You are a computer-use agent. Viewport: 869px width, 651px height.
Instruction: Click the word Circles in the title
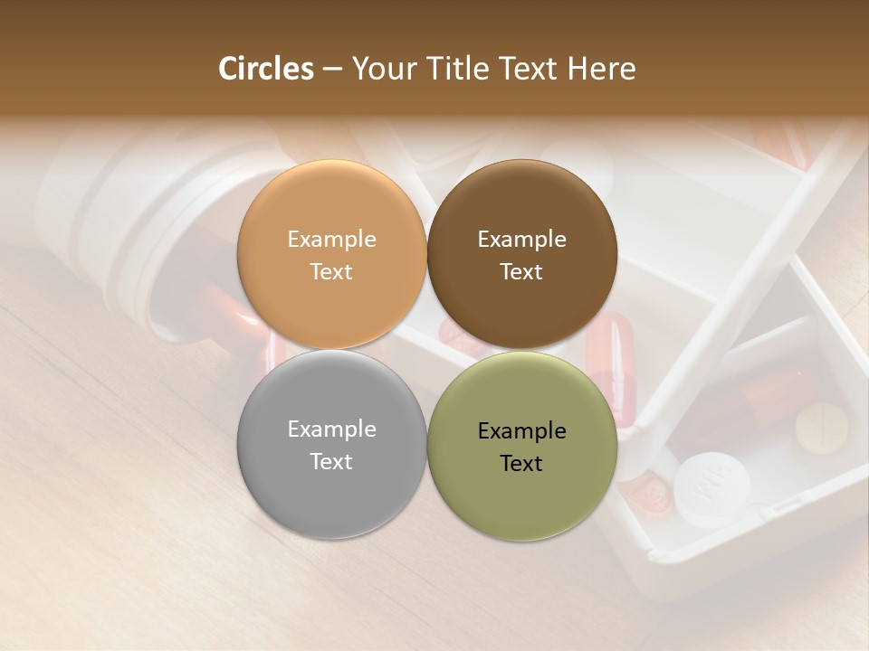coord(266,69)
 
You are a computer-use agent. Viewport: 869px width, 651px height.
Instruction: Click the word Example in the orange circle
coord(331,240)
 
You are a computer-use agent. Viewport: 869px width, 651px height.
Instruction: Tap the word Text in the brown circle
coord(521,272)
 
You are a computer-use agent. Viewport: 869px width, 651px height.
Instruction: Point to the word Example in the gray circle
coord(331,429)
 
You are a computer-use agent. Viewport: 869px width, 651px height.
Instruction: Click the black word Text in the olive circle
coord(521,464)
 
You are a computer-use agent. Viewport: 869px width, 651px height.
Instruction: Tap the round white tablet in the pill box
coord(711,489)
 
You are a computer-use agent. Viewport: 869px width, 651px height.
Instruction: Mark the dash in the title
coord(332,70)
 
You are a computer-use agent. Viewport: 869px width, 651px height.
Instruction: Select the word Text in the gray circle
coord(331,462)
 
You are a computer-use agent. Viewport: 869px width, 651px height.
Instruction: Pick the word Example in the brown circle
coord(521,240)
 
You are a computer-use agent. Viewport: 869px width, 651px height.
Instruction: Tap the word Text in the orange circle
coord(331,272)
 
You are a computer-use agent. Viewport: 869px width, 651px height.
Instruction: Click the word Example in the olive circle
coord(521,431)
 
